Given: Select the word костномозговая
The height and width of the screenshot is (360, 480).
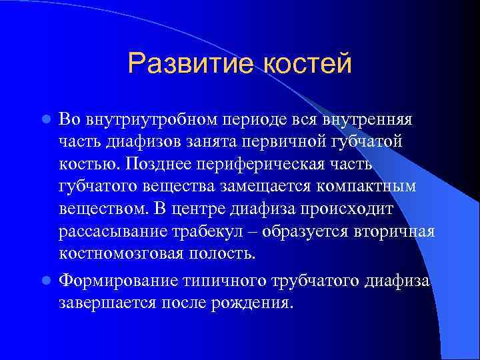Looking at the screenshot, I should [117, 253].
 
